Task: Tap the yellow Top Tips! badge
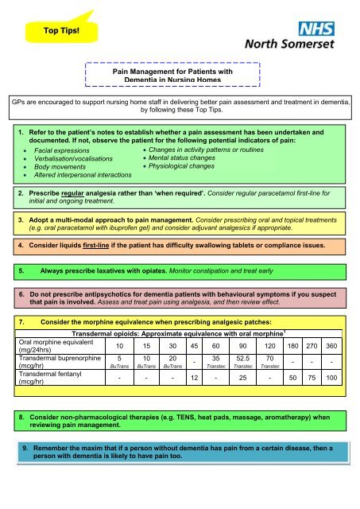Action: (54, 31)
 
